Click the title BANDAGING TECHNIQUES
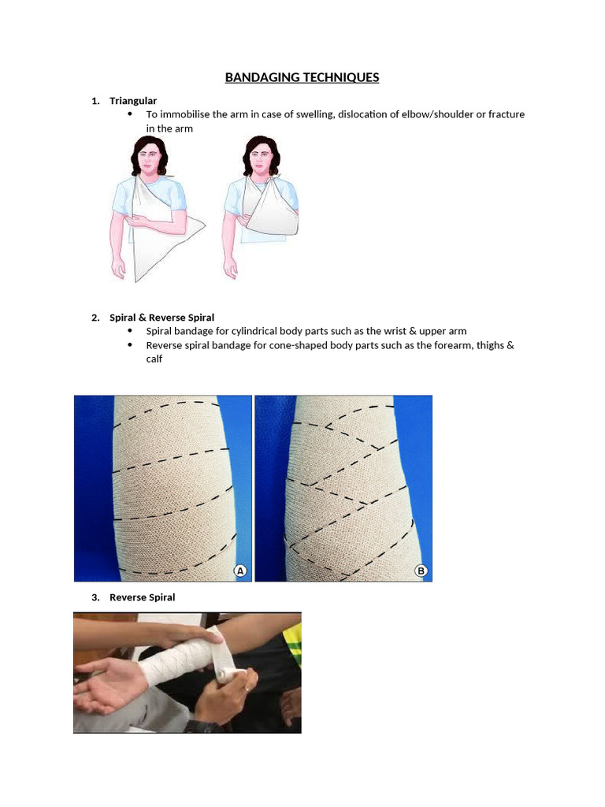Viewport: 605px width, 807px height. click(x=302, y=77)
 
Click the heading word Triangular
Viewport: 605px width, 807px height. click(x=133, y=101)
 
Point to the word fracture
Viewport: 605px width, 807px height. click(x=506, y=114)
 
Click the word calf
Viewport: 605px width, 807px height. click(x=154, y=359)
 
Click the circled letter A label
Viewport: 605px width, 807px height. click(x=241, y=571)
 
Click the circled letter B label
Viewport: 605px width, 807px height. click(x=421, y=571)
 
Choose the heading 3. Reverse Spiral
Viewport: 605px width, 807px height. click(x=142, y=597)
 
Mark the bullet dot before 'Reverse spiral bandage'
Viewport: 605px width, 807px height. click(x=130, y=345)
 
